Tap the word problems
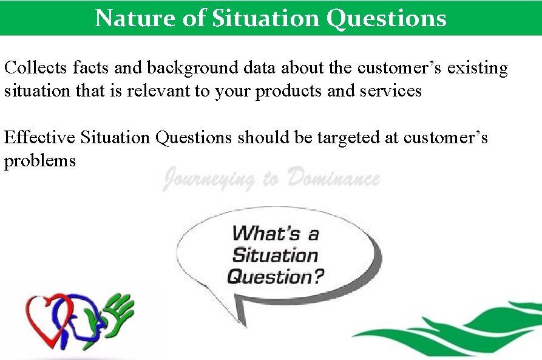(x=40, y=161)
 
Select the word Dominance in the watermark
(x=334, y=179)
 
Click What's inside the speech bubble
(x=276, y=233)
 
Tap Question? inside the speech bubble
(x=276, y=277)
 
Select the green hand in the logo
(x=118, y=313)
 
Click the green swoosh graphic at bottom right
(x=461, y=325)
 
